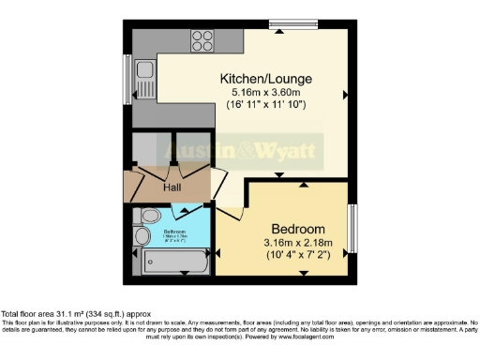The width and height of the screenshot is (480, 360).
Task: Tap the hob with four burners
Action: coord(203,40)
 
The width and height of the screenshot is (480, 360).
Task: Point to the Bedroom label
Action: coord(298,230)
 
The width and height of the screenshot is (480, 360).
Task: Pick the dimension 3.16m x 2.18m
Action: coord(298,244)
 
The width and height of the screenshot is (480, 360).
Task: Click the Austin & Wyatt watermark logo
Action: coord(242,151)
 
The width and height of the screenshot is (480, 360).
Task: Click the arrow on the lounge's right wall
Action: coord(346,95)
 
